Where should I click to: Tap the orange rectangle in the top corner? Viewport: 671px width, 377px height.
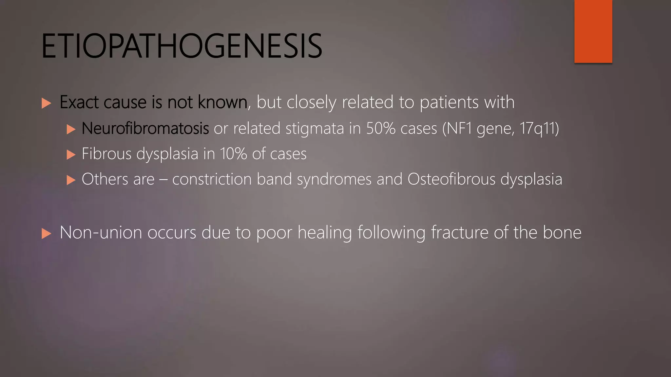click(x=593, y=31)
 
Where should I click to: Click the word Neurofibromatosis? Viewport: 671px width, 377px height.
click(x=145, y=128)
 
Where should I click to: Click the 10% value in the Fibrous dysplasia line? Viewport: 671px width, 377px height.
click(x=233, y=154)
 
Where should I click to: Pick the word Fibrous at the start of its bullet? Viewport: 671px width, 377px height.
click(x=106, y=154)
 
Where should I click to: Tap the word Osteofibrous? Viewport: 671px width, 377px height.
click(x=451, y=179)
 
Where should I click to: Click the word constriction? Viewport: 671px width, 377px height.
click(x=212, y=179)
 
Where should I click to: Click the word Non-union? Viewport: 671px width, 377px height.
click(x=101, y=233)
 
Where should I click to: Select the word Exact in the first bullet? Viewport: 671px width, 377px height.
click(x=79, y=102)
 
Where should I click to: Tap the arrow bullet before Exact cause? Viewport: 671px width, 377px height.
click(x=47, y=103)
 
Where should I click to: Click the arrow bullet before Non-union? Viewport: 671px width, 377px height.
click(x=47, y=234)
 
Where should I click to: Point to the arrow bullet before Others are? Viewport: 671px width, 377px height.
click(x=71, y=180)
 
